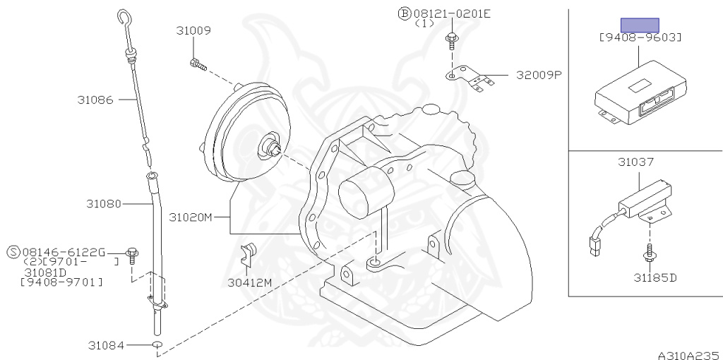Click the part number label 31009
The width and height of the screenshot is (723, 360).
tap(193, 31)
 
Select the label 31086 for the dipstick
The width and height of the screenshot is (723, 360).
tap(95, 100)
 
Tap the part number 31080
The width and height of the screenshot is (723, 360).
tap(104, 203)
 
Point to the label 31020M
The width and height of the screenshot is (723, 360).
tap(191, 217)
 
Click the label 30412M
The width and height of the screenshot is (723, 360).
tap(249, 282)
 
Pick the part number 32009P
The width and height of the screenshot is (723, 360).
tap(539, 75)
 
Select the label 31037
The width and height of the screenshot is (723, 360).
tap(636, 162)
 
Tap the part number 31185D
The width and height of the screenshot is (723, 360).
tap(655, 277)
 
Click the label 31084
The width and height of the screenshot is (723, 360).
tap(106, 344)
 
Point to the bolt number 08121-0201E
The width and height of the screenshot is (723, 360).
tap(452, 14)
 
